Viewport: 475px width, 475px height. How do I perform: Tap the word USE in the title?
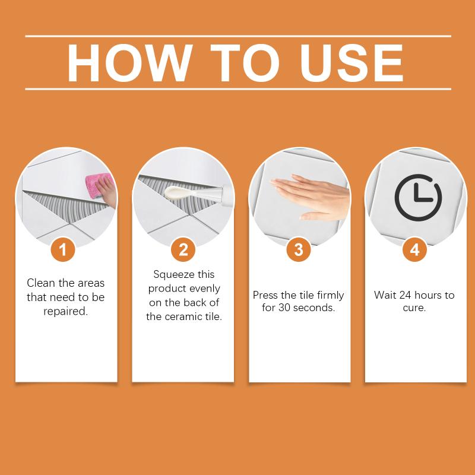(x=351, y=63)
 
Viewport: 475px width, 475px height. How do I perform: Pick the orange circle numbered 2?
(x=183, y=249)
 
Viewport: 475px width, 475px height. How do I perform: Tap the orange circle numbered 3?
(x=298, y=249)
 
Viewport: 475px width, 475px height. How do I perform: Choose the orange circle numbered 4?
(x=414, y=249)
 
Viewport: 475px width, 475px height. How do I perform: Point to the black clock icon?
(x=418, y=198)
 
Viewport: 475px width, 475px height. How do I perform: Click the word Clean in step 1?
(x=42, y=283)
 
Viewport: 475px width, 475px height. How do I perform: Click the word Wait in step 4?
(x=385, y=295)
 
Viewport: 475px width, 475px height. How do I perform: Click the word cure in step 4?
(x=413, y=309)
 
